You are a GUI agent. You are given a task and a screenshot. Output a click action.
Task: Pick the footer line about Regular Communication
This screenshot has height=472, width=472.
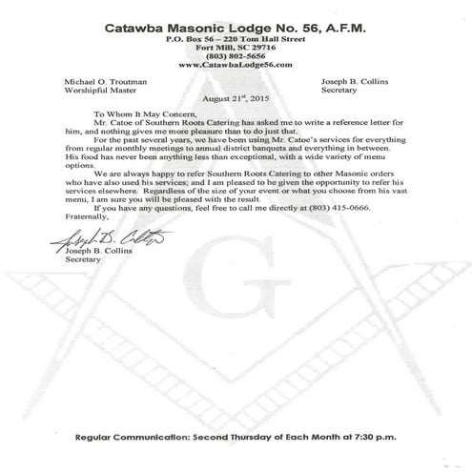click(x=235, y=436)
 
